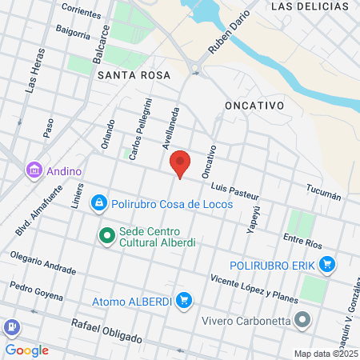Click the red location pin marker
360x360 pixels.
181,163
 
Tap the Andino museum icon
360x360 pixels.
34,170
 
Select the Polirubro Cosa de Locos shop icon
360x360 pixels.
98,204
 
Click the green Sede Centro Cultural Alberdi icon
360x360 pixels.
106,235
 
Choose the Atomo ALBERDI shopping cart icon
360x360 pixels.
184,301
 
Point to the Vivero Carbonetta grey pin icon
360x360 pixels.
302,322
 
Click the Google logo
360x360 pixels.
26,350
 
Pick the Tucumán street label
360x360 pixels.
323,192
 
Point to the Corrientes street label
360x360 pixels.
80,11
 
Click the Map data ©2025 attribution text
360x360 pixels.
324,354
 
